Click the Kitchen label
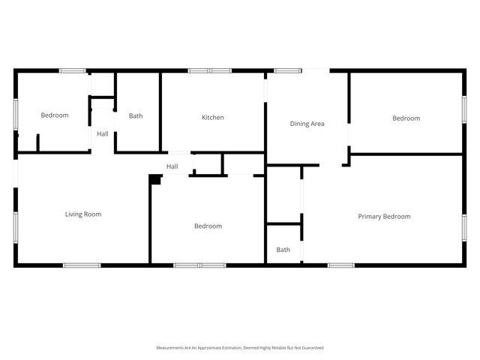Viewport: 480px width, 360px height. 213,117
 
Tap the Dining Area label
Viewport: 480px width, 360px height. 307,124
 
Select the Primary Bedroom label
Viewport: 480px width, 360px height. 384,217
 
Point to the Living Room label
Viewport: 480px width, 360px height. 82,214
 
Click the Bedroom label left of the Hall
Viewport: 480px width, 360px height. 55,115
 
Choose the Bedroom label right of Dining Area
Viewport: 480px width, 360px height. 406,118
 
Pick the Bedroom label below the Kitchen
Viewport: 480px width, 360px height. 208,226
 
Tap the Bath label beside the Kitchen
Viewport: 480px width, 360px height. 136,116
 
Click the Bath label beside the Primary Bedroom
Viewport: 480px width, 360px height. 283,250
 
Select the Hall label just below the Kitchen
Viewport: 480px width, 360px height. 172,166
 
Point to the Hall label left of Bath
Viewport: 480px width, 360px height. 102,134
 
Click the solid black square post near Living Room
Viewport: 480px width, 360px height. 155,179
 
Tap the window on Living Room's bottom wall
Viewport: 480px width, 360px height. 81,265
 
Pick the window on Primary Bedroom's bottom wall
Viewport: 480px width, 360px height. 341,265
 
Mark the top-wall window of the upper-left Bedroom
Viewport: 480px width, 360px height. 73,71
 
